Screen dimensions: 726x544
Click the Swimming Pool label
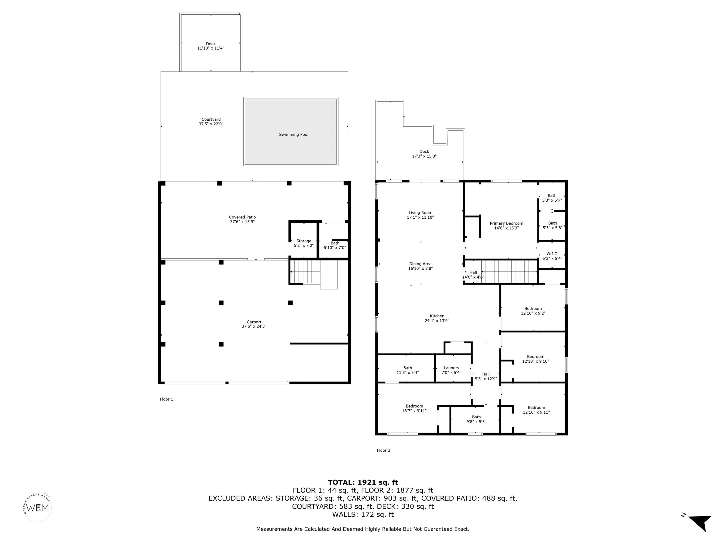pyautogui.click(x=294, y=134)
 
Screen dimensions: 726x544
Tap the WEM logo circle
pyautogui.click(x=38, y=508)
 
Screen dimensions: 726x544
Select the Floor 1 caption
pyautogui.click(x=166, y=399)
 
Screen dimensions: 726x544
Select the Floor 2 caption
pyautogui.click(x=383, y=450)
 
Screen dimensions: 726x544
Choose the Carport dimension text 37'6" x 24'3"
pyautogui.click(x=254, y=326)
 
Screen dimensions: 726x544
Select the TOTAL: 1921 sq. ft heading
pyautogui.click(x=363, y=482)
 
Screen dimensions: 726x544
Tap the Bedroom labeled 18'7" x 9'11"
pyautogui.click(x=414, y=408)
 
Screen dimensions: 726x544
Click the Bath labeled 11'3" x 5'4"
pyautogui.click(x=408, y=370)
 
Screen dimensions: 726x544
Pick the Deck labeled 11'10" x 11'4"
pyautogui.click(x=211, y=46)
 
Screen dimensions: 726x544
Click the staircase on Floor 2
pyautogui.click(x=509, y=271)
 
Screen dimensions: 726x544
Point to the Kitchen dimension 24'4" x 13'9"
pyautogui.click(x=437, y=321)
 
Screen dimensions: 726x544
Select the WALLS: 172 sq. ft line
pyautogui.click(x=363, y=514)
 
